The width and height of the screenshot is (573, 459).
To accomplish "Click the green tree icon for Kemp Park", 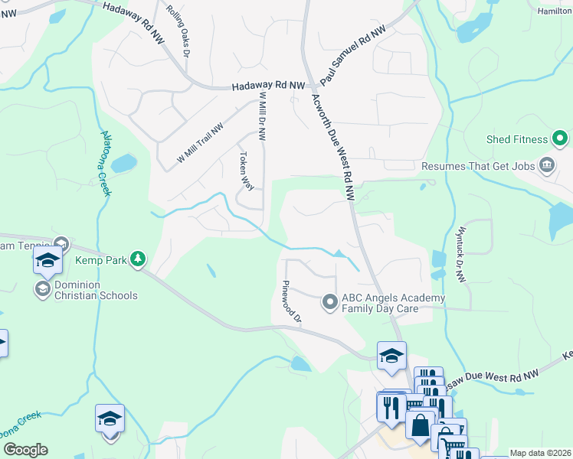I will (138, 259).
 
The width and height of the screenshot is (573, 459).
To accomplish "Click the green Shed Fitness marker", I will (560, 139).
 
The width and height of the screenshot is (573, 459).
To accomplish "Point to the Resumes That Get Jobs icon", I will (548, 165).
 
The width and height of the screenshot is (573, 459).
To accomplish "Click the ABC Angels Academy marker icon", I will (330, 303).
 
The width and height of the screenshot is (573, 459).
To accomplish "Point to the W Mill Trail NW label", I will (200, 143).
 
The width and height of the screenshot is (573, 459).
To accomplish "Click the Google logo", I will (25, 450).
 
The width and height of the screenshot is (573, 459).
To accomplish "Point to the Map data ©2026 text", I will (540, 453).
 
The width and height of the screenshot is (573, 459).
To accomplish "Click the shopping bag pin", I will (421, 425).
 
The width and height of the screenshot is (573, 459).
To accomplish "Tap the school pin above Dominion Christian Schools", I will (47, 262).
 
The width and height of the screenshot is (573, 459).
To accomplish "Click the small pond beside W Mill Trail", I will (123, 164).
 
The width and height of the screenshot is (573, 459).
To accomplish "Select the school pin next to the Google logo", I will (110, 420).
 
